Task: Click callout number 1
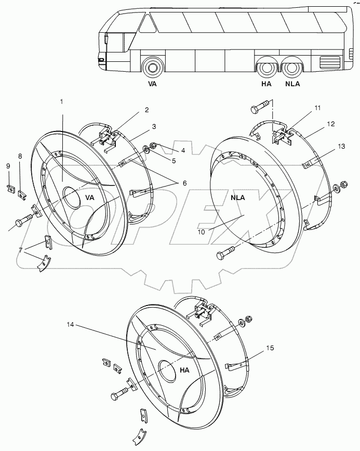point(61,102)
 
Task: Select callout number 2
point(146,110)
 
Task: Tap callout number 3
point(154,127)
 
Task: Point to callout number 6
point(184,183)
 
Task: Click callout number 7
point(20,250)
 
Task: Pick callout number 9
point(8,166)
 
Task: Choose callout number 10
point(201,232)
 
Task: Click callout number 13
point(341,147)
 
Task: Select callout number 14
point(71,325)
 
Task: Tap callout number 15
point(270,348)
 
